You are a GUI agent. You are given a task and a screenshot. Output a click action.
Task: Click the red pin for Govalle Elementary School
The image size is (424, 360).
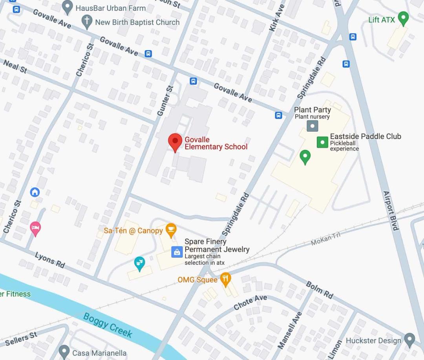pos(175,141)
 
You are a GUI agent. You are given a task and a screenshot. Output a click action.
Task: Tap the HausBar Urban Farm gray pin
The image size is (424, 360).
pos(68,7)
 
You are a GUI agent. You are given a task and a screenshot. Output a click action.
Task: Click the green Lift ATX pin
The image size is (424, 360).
pos(403,18)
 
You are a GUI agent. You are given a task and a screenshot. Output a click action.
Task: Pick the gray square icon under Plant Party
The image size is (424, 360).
pos(312,126)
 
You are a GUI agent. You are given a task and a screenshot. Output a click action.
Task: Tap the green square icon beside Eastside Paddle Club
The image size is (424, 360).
pos(322,142)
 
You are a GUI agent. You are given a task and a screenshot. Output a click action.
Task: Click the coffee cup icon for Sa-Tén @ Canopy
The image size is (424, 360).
pos(171,230)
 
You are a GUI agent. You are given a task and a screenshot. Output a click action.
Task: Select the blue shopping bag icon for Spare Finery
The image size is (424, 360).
pos(177,252)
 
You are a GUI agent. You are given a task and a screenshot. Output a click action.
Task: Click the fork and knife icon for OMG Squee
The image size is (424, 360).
pos(225,279)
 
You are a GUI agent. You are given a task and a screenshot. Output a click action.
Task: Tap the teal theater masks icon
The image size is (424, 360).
pos(139,263)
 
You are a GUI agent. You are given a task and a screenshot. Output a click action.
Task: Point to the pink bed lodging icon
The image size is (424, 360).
pos(35,228)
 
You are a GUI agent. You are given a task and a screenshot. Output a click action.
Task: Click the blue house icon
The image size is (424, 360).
pos(35,192)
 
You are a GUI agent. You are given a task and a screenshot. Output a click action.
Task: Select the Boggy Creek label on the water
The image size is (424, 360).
pos(108,325)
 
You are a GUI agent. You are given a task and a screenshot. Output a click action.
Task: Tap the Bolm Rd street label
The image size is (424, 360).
pos(319,290)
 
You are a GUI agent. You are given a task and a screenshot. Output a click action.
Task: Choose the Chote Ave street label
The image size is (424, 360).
pos(250,302)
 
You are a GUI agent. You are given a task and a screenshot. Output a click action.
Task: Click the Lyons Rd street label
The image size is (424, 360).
pos(50,260)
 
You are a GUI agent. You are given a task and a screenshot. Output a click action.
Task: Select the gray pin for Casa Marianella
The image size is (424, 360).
pos(64,351)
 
